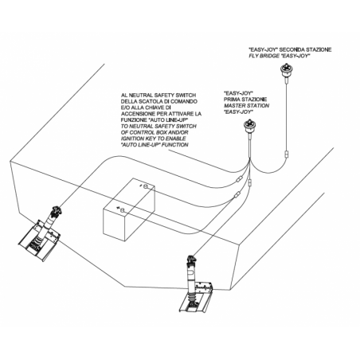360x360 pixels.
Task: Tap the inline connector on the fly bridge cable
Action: point(287,155)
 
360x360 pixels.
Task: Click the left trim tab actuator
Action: point(41,233)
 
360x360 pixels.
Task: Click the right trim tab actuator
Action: point(196,284)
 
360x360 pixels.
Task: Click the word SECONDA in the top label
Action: point(292,49)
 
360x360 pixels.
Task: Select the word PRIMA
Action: point(233,100)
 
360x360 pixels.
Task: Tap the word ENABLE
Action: point(176,139)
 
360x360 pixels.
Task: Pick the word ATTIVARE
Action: point(181,114)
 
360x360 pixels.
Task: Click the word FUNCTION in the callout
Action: point(175,145)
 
